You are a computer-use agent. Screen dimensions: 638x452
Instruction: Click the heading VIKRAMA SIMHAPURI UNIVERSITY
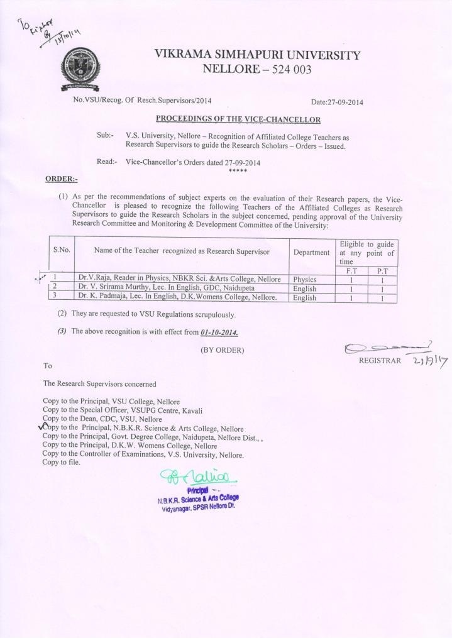tap(257, 55)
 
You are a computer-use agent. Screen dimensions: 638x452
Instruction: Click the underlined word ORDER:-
tap(61, 179)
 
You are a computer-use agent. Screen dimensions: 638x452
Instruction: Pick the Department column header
tap(311, 252)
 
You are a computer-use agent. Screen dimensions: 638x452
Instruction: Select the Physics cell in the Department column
tap(305, 279)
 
